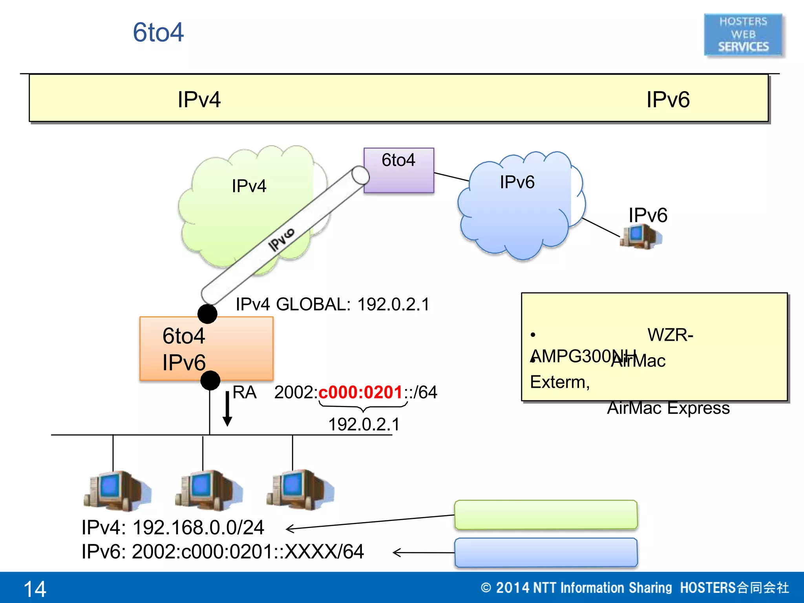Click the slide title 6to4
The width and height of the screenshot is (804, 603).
tap(158, 32)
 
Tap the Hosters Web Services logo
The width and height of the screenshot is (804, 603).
tap(743, 35)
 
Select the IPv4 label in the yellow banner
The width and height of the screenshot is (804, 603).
tap(199, 99)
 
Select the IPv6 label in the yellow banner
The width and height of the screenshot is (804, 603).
tap(667, 99)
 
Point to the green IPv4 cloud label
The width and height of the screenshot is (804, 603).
tap(249, 186)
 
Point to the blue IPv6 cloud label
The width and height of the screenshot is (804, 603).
tap(517, 182)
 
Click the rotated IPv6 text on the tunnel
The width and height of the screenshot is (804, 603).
tap(281, 239)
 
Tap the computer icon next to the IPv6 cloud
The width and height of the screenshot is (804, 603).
tap(640, 236)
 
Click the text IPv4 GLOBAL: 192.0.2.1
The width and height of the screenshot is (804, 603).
tap(332, 304)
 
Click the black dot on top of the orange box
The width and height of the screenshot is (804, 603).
tap(207, 314)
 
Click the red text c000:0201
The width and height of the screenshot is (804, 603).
tap(360, 392)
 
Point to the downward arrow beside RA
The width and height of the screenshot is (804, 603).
tap(227, 409)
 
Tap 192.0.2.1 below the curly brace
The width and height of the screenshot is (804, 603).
tap(364, 424)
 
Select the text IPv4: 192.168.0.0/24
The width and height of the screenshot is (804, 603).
tap(173, 527)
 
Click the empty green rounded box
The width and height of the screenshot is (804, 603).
tap(546, 514)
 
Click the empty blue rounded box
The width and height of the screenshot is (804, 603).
tap(546, 552)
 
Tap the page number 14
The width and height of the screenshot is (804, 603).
tap(35, 589)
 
